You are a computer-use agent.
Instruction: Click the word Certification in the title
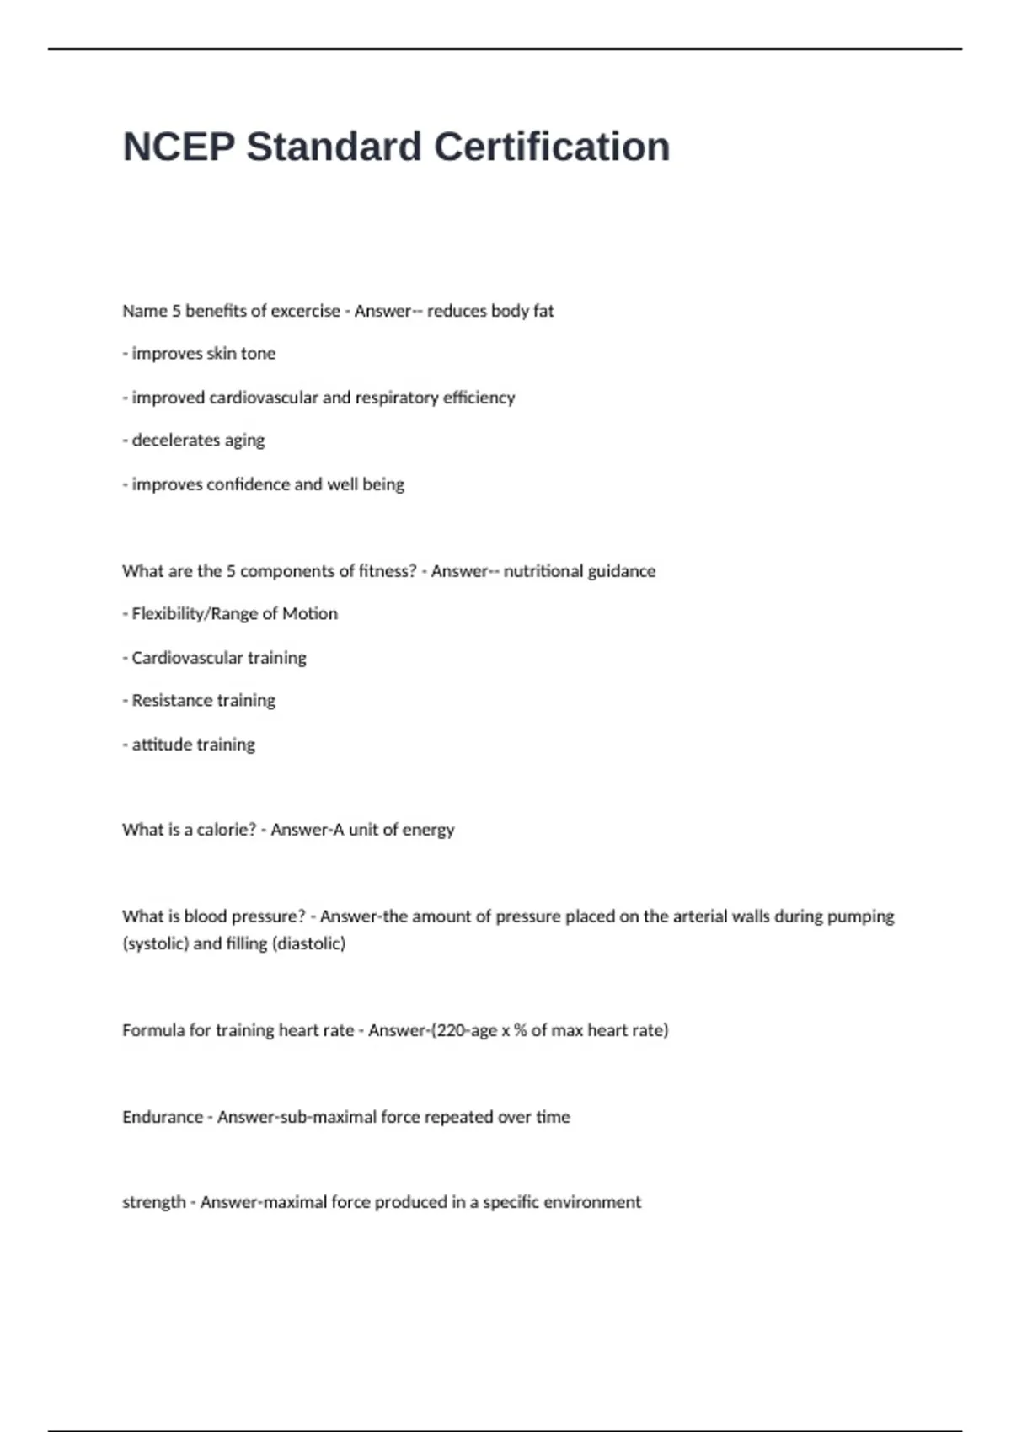552,147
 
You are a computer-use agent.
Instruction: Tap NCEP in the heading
179,147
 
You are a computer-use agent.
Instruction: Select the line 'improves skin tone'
203,354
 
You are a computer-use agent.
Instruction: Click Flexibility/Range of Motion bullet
234,614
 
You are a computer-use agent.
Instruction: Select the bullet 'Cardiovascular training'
218,658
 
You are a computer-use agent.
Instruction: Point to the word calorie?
226,830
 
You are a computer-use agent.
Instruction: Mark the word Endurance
163,1117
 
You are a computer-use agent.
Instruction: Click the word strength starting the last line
153,1202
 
